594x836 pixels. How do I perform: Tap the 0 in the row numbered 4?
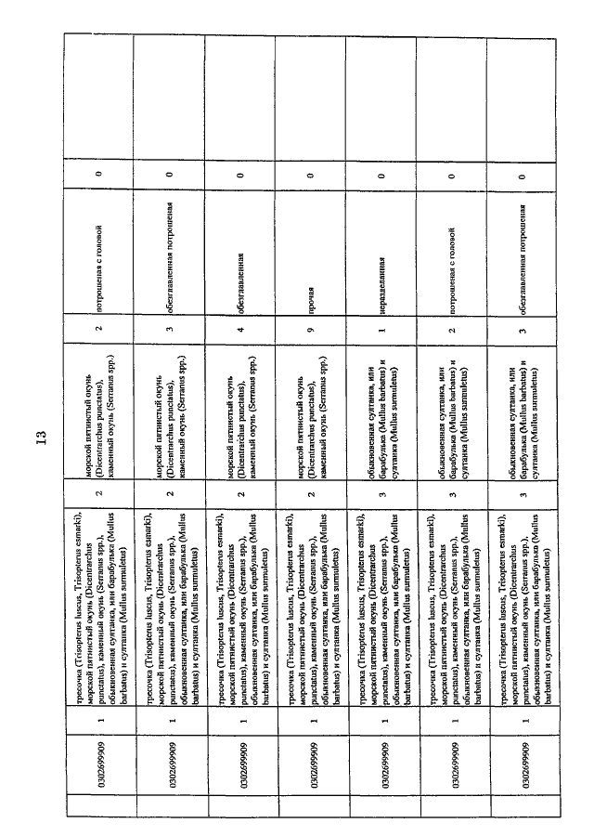239,174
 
